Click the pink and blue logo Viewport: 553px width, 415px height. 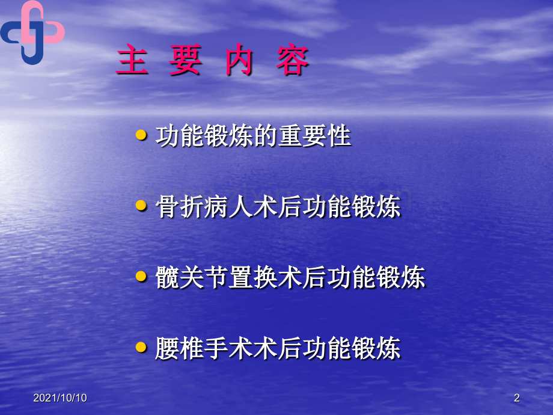click(32, 31)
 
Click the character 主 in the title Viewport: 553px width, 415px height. click(132, 61)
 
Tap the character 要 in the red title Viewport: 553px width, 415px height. click(185, 61)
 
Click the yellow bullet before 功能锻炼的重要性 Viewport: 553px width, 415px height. click(141, 136)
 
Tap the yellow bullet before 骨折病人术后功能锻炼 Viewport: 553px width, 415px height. click(141, 206)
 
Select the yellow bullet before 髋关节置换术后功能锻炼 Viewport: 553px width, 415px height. click(141, 277)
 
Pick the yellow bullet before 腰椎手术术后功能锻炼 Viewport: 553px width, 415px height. click(141, 347)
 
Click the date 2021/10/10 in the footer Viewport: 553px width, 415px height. click(60, 398)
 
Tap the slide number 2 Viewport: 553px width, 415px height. click(517, 398)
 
